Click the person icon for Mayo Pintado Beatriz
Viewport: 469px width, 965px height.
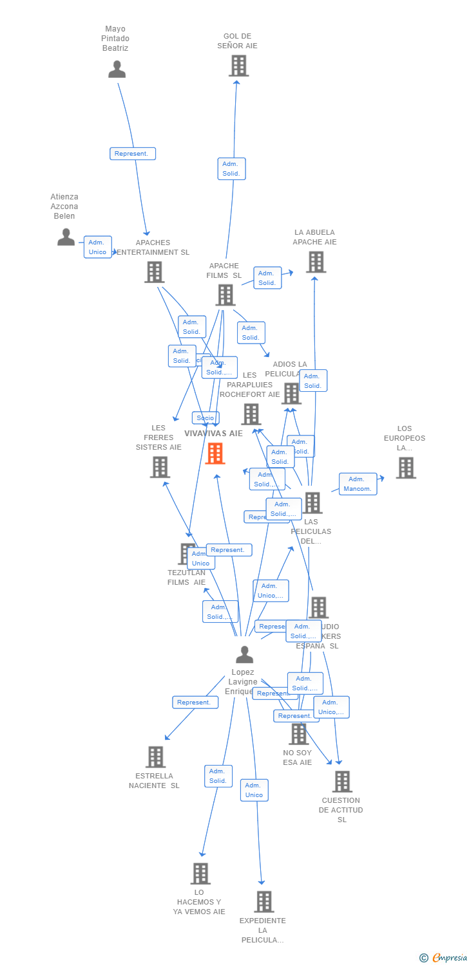(117, 69)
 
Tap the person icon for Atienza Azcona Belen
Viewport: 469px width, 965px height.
(66, 237)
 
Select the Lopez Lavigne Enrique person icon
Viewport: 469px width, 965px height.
(244, 654)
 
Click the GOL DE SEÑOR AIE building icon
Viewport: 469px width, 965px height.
(238, 66)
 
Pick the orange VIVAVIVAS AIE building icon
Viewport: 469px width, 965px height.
(215, 454)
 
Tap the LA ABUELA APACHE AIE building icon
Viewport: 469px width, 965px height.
(316, 262)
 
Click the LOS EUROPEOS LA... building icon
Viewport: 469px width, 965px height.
(406, 468)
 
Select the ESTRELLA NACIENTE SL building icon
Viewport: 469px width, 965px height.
(155, 757)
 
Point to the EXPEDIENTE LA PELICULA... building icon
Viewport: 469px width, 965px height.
(263, 901)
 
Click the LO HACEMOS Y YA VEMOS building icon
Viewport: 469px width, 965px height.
(200, 873)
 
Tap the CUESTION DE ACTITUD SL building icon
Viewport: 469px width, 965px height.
(342, 782)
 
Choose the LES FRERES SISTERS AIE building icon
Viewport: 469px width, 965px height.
(160, 467)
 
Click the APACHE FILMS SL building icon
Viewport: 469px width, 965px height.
(225, 295)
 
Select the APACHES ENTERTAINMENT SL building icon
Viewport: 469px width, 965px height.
(154, 272)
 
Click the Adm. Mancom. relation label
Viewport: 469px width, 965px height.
(358, 484)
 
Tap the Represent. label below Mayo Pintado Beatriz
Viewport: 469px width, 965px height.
(132, 154)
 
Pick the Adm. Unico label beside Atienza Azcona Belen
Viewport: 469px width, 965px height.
(97, 247)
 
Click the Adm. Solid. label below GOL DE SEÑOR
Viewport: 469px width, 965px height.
(231, 169)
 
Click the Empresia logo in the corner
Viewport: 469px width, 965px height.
(444, 958)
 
